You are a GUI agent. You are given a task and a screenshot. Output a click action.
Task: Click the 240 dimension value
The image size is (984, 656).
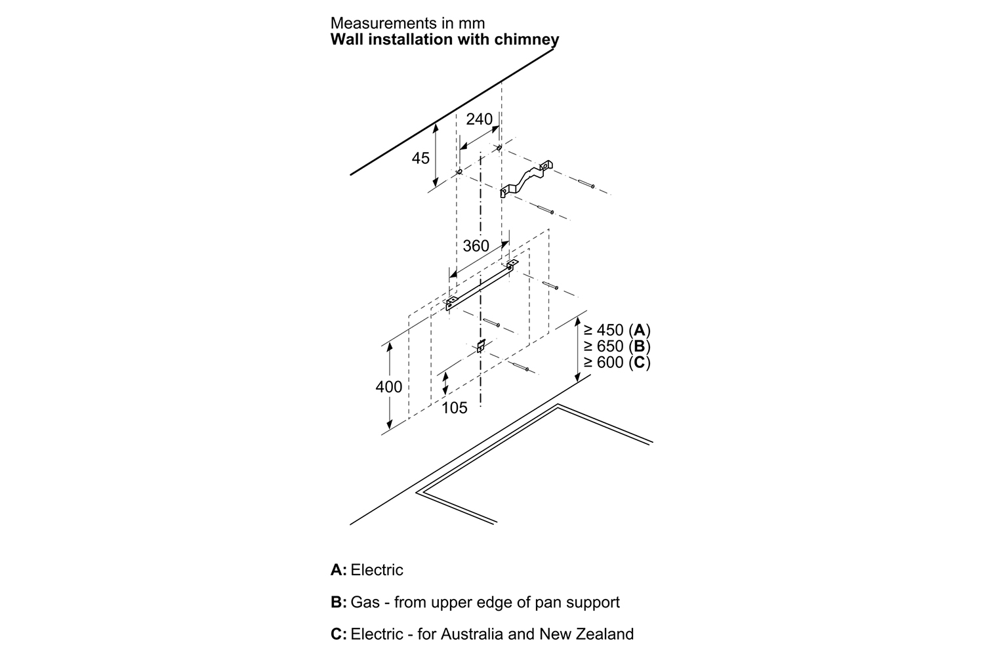tap(479, 119)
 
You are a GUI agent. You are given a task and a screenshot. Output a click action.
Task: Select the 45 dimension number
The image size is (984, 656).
tap(420, 158)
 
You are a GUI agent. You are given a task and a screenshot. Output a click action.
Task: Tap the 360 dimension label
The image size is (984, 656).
tap(476, 246)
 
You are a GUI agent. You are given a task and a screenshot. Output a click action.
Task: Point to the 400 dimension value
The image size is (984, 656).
tap(389, 387)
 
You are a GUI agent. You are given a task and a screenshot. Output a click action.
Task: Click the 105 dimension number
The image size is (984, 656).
tap(455, 408)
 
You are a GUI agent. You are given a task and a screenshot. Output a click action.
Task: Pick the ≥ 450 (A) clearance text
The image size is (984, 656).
tap(617, 330)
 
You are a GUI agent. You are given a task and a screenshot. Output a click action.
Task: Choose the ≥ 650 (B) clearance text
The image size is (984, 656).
tap(617, 346)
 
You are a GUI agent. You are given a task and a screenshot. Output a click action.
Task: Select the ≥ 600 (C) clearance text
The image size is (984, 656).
tap(617, 363)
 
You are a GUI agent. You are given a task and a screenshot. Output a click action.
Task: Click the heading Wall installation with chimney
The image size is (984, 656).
tap(445, 39)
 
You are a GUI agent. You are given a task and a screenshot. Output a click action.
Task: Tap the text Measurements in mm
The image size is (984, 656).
tap(407, 24)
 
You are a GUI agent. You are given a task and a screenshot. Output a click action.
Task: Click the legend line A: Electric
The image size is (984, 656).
tap(367, 569)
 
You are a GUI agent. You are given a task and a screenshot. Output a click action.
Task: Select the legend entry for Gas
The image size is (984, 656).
tap(475, 602)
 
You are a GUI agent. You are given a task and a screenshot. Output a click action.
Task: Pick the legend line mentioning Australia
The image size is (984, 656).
tap(482, 634)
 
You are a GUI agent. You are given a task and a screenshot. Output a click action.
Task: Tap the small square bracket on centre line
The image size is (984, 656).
tap(481, 346)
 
